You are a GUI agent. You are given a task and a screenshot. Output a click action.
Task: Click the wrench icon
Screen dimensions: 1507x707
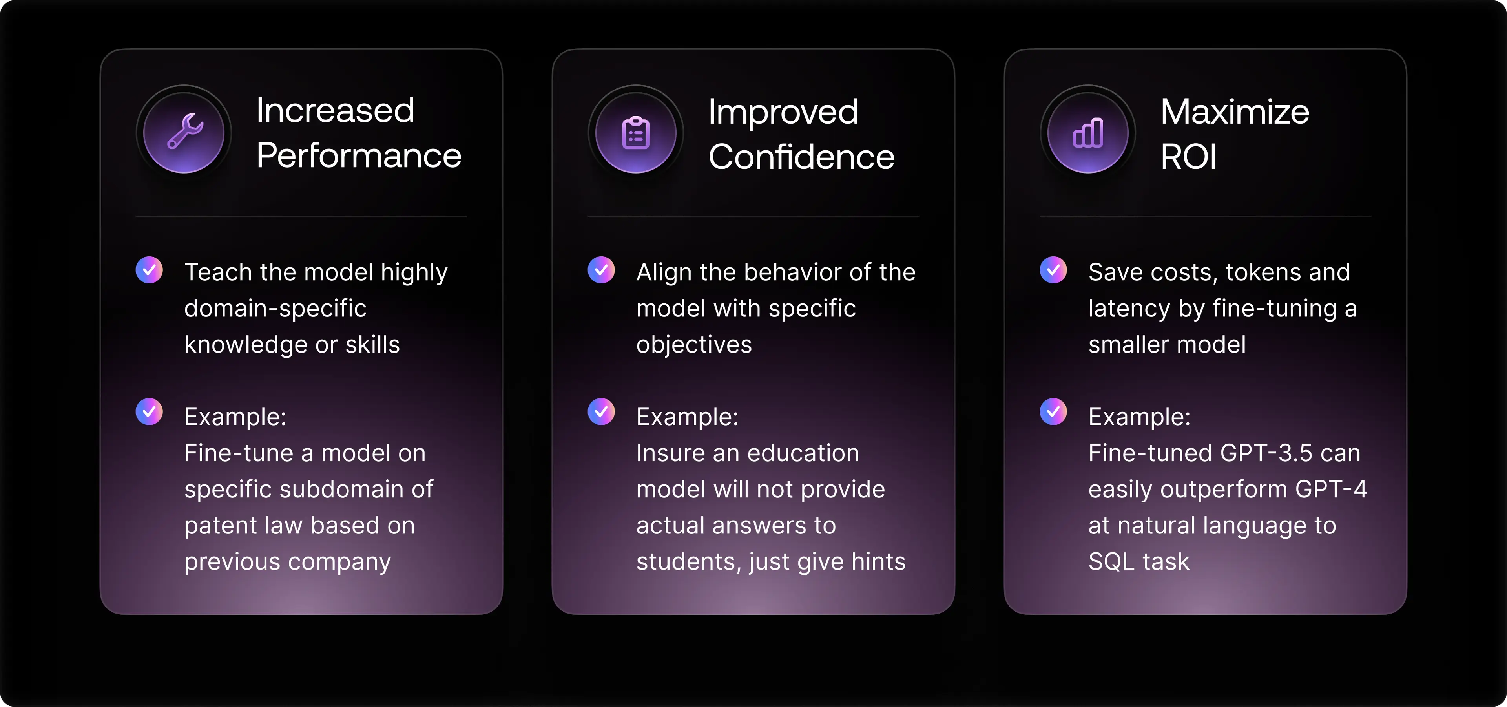click(x=185, y=131)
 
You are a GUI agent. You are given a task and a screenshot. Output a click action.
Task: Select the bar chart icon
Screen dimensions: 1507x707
click(x=1088, y=133)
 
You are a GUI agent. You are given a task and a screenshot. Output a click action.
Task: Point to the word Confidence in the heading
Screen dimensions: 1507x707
click(x=801, y=157)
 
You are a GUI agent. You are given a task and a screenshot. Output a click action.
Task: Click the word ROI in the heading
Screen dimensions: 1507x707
click(x=1188, y=157)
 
